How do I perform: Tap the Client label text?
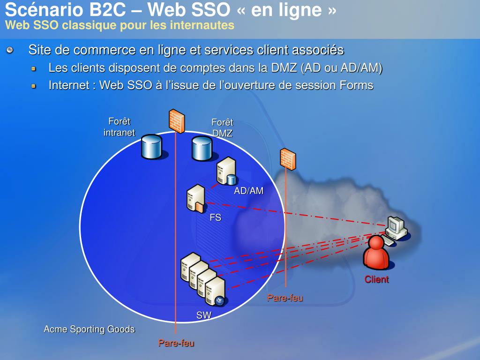tap(377, 279)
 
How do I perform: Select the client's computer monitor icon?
tap(395, 226)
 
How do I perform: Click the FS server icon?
tap(195, 198)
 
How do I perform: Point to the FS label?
tap(215, 217)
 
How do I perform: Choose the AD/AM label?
tap(248, 191)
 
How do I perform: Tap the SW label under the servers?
tap(203, 315)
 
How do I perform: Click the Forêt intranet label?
tap(119, 127)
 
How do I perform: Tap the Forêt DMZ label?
tap(222, 127)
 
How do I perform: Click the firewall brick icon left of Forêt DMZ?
tap(176, 120)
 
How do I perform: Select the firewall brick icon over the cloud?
tap(287, 159)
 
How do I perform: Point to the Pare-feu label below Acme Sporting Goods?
tap(176, 343)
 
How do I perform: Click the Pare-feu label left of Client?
tap(285, 298)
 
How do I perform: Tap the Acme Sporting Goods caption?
tap(89, 329)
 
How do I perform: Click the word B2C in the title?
tap(102, 9)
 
